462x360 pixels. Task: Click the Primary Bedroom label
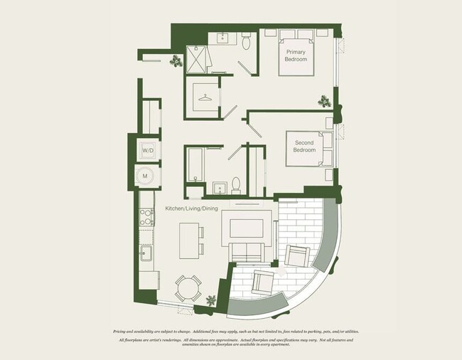point(296,55)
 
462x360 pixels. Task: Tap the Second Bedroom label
point(305,147)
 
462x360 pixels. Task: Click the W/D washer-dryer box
point(148,151)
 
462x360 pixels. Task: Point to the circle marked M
point(146,175)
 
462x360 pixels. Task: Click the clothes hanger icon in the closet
point(205,97)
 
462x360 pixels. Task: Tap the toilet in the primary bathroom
point(246,43)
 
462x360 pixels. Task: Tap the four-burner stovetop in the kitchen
point(146,216)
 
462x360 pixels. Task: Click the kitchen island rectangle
point(188,241)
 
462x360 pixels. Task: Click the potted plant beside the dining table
point(211,301)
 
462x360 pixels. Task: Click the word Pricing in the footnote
point(122,332)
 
